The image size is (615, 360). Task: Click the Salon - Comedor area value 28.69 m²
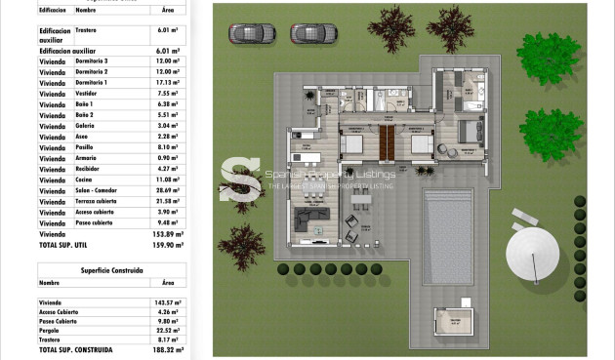(168, 190)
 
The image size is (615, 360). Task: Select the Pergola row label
(50, 330)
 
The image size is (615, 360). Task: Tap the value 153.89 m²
(168, 235)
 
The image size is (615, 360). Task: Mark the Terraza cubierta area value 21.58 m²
(168, 201)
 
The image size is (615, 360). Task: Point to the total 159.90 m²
(168, 246)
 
